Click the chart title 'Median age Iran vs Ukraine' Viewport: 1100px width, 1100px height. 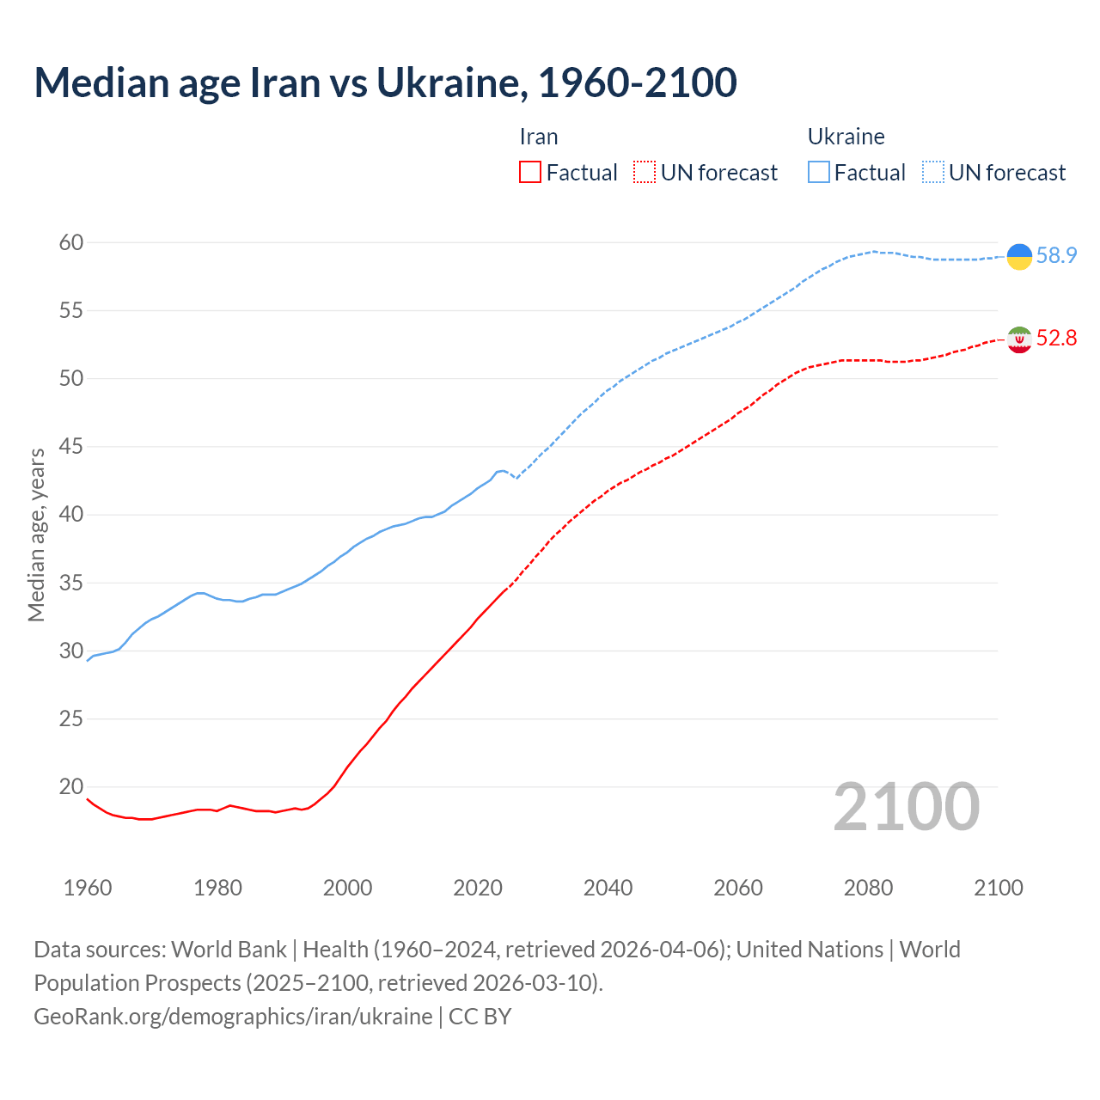click(385, 82)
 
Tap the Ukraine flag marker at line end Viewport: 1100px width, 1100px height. click(1019, 256)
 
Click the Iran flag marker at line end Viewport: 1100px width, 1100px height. click(1019, 339)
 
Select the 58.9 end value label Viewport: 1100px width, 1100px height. click(1056, 256)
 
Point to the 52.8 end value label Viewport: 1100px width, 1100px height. click(1056, 339)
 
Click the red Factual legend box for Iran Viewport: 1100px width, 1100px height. click(530, 173)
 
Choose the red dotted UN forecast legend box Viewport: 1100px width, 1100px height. click(645, 173)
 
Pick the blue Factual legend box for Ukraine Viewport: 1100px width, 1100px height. click(819, 173)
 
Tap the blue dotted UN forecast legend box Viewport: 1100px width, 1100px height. click(933, 173)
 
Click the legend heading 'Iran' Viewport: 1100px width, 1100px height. click(539, 137)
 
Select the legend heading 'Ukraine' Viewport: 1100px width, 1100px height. click(846, 137)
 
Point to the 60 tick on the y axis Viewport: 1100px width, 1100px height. click(71, 243)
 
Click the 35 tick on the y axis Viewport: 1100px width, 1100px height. click(71, 584)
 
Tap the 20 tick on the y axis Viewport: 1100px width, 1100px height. click(71, 787)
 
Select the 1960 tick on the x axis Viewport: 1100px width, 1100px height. click(88, 888)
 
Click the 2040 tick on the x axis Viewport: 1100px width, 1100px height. click(608, 888)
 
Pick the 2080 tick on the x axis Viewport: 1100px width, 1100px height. click(868, 888)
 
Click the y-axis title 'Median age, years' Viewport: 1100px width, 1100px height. click(36, 535)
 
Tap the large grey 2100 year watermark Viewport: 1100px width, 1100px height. click(907, 807)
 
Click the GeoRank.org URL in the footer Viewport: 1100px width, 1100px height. click(233, 1017)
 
